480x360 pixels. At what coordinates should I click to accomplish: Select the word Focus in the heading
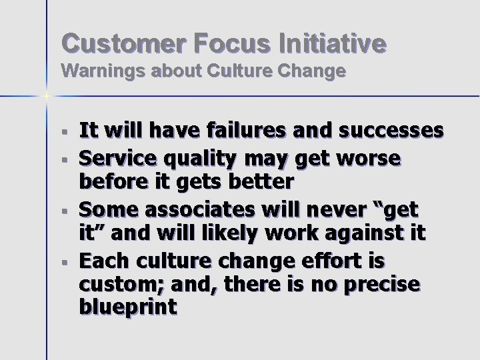(232, 43)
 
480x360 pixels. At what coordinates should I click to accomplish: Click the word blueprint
(127, 307)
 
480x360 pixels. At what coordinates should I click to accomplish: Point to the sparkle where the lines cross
(47, 97)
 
